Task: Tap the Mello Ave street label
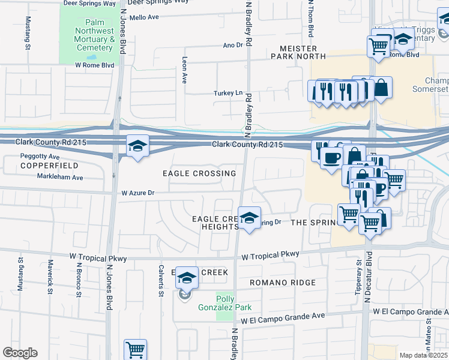point(144,17)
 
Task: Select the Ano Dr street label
point(232,45)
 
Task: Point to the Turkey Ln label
point(229,93)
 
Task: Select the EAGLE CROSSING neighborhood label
point(199,173)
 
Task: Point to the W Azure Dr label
point(138,193)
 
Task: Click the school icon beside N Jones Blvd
point(137,146)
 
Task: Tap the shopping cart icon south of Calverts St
point(135,349)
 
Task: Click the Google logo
point(20,353)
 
